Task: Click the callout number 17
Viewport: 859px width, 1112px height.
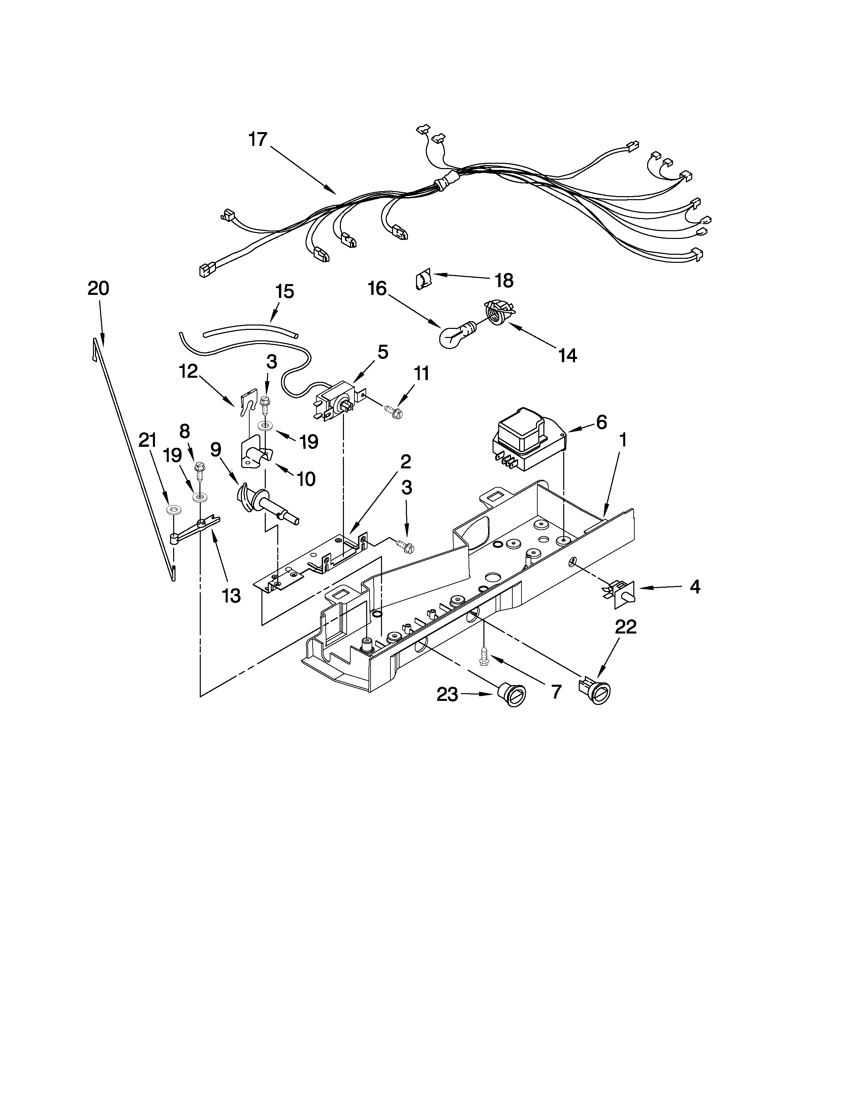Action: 258,139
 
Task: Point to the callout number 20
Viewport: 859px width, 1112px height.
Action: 98,289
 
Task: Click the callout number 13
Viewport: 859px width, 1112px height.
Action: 231,595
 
